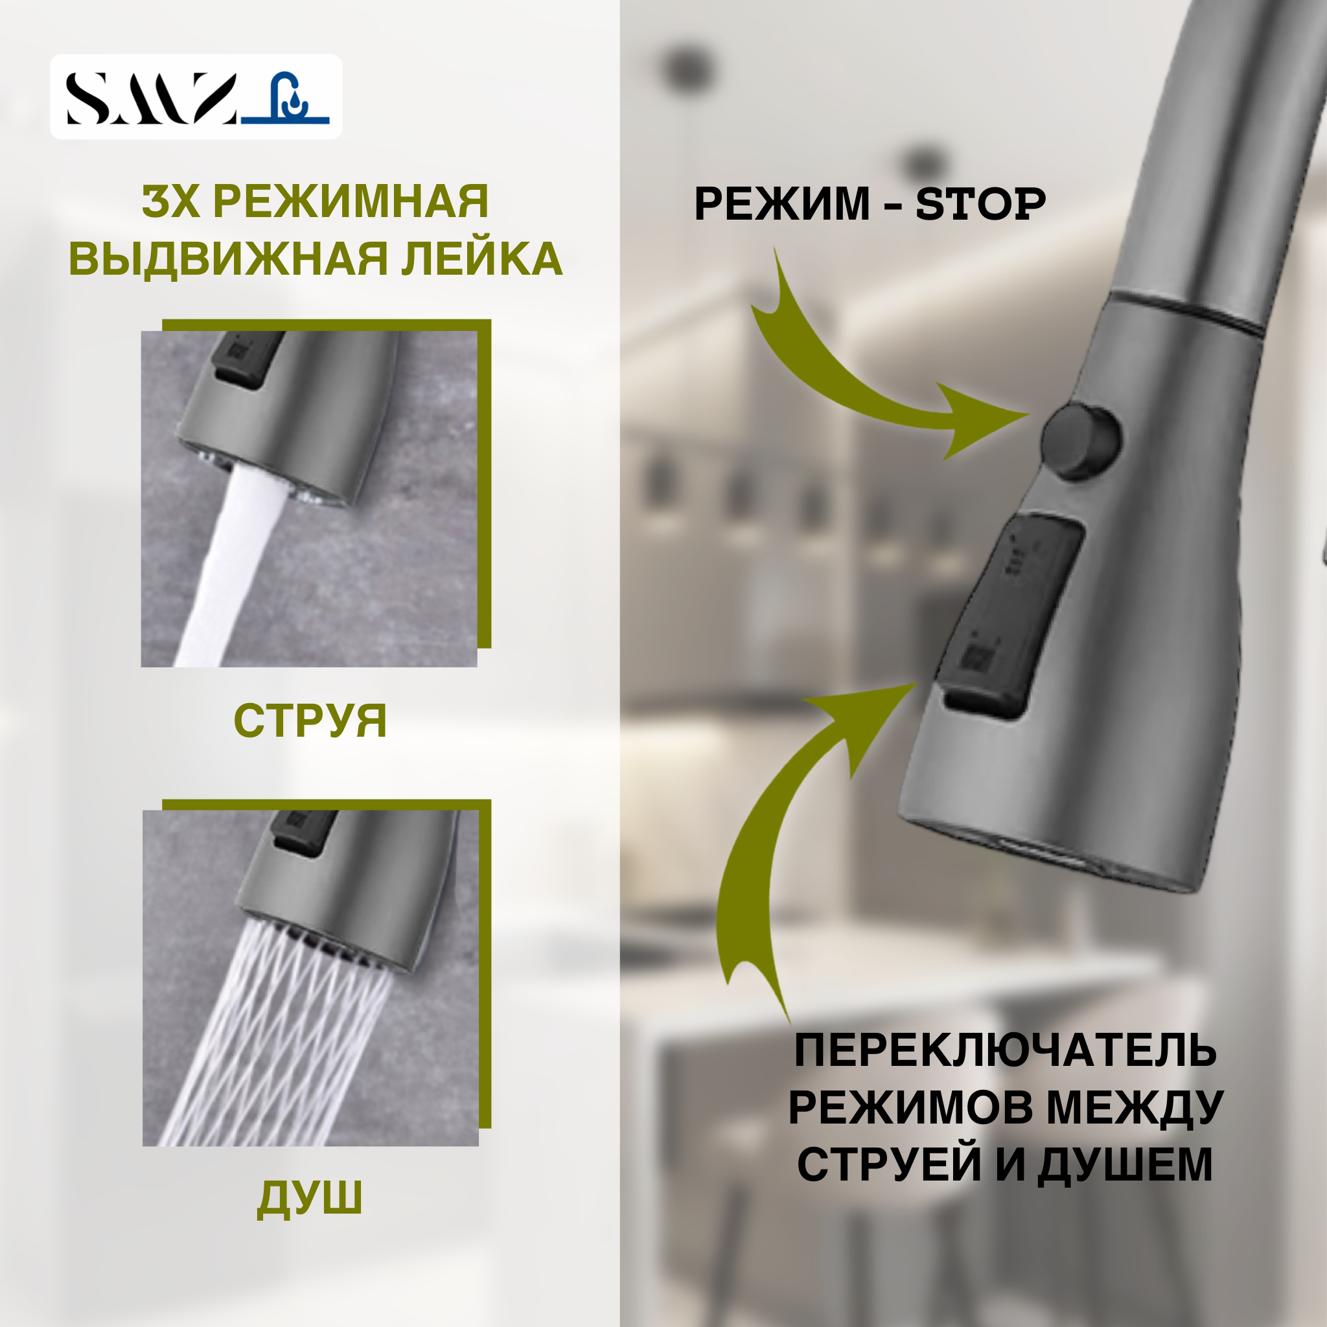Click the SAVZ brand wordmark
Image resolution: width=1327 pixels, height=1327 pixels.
point(151,98)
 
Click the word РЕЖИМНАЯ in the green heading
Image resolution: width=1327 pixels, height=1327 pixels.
point(351,202)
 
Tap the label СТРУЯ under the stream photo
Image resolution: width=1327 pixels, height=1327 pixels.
point(310,721)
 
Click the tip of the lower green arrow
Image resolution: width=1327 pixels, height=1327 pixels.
point(915,686)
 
